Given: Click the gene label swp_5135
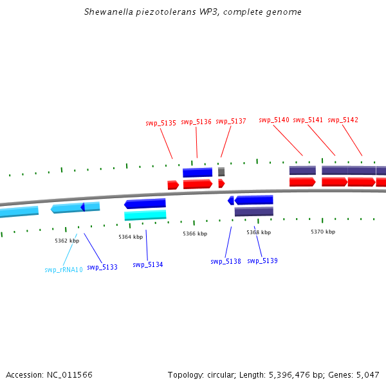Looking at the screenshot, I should click(x=160, y=123).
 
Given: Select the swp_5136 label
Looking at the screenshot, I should click(x=196, y=122).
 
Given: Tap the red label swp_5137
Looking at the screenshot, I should click(x=230, y=121).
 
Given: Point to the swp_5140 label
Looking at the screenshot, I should click(x=274, y=120).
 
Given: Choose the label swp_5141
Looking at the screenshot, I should click(x=308, y=120).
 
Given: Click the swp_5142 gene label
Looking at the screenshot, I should click(x=342, y=120).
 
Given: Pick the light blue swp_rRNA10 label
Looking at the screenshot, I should click(x=63, y=270).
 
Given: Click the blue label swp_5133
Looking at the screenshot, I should click(x=102, y=267).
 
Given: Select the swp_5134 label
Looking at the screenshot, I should click(x=147, y=264).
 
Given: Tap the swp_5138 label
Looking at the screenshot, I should click(x=225, y=261).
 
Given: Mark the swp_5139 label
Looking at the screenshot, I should click(x=262, y=261).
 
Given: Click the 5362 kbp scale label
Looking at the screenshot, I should click(x=66, y=241).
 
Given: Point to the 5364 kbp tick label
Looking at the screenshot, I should click(x=130, y=237).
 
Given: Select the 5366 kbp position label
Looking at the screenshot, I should click(x=194, y=234).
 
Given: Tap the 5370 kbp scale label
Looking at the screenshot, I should click(x=322, y=232).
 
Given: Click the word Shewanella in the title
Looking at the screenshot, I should click(x=107, y=12).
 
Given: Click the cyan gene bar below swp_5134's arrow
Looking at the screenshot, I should click(x=145, y=215).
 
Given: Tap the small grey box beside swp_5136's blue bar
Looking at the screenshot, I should click(x=221, y=172).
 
